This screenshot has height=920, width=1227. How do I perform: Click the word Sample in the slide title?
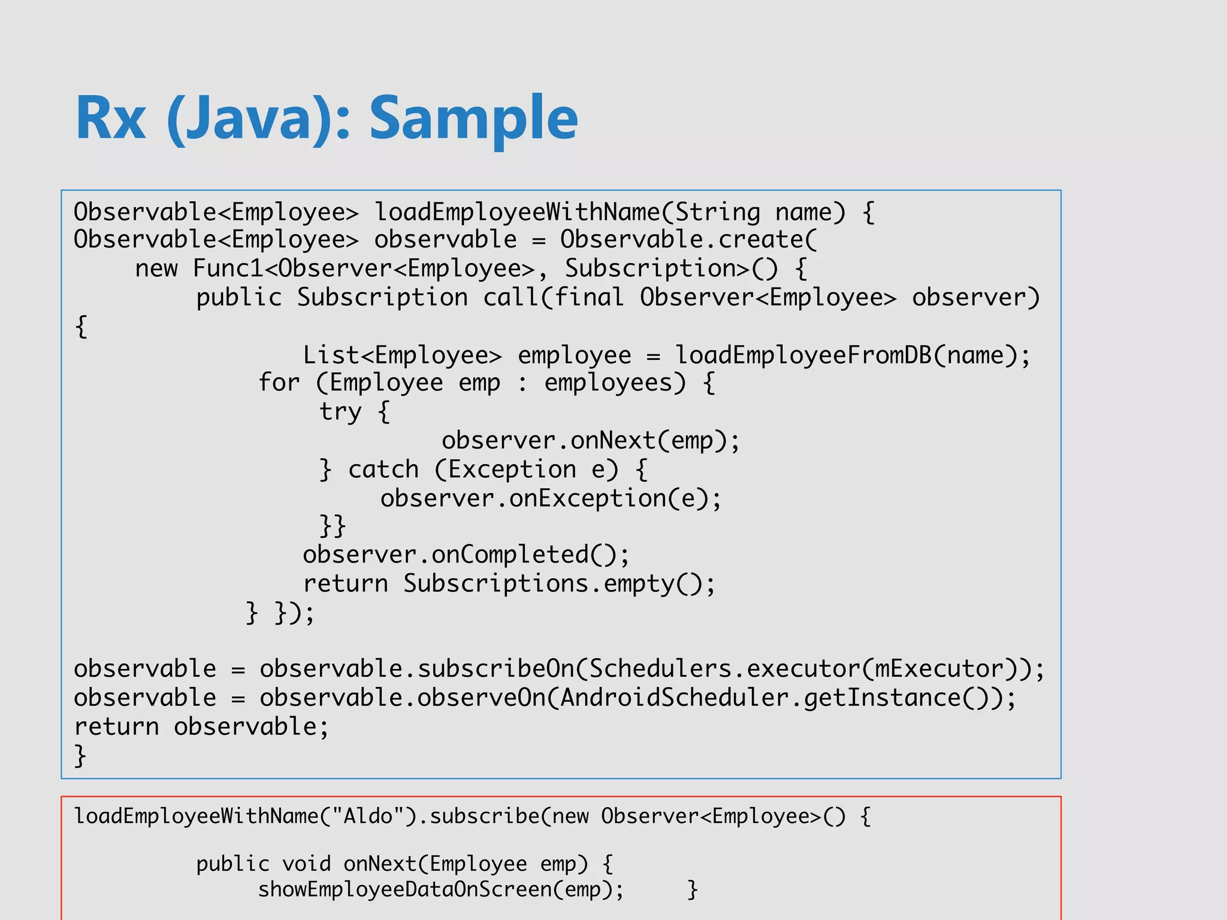(x=473, y=118)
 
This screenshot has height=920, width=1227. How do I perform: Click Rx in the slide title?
(x=111, y=118)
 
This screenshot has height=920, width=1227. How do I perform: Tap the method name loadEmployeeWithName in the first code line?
(x=516, y=212)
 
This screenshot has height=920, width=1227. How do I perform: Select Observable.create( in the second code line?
(x=688, y=240)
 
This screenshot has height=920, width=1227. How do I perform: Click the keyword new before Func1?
(x=156, y=268)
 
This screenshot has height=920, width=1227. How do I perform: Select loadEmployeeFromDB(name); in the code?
(x=853, y=355)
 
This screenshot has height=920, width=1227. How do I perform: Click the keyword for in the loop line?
(x=279, y=382)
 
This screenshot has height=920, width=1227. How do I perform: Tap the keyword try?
(x=340, y=411)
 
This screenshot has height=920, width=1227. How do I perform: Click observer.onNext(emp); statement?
(x=591, y=441)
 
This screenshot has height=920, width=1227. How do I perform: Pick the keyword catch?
(x=383, y=470)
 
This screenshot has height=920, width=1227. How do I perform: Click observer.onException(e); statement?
(x=551, y=498)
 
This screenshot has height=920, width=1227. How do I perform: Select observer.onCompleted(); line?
(x=466, y=555)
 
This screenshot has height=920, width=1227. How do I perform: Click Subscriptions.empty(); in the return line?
(x=559, y=583)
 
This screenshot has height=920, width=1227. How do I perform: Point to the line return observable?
(x=201, y=727)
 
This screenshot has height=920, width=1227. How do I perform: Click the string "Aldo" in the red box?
(x=367, y=816)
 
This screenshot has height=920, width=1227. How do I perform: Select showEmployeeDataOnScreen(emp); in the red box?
(x=441, y=889)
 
